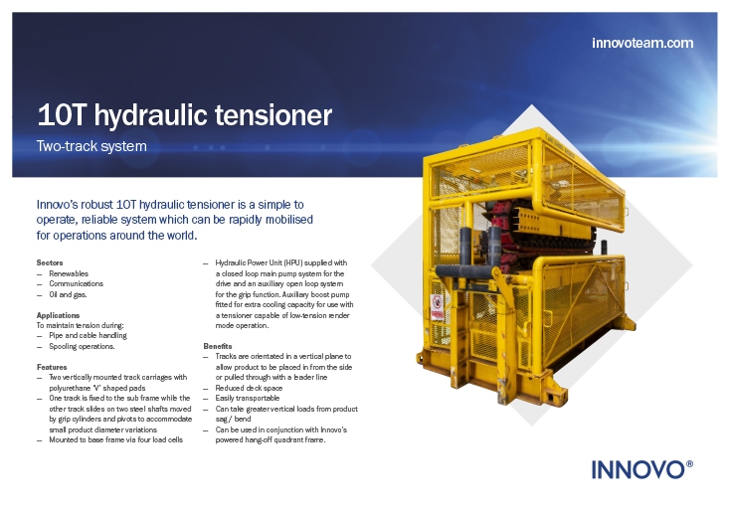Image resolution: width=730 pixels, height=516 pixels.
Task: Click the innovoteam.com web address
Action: coord(642,43)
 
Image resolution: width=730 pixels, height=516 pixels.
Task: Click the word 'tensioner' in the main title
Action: coord(273,115)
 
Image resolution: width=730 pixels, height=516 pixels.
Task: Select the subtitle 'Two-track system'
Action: coord(91,146)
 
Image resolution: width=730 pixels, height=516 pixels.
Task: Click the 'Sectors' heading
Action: coord(50,262)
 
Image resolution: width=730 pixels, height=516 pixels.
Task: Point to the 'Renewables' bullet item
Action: coord(69,273)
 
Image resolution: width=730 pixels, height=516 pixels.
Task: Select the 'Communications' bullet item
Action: coord(76,283)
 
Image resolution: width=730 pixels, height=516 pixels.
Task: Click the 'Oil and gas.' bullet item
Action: coord(68,294)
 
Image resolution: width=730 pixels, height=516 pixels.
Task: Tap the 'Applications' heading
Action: coord(58,315)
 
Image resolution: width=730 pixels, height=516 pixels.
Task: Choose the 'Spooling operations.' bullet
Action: coord(82,347)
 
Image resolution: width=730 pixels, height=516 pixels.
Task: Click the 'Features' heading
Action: coord(52,367)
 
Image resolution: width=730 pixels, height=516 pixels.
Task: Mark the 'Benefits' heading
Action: coord(218,346)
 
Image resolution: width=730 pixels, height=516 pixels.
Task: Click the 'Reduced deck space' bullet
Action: coord(249,388)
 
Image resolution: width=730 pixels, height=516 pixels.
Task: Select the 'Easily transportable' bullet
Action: coord(248,399)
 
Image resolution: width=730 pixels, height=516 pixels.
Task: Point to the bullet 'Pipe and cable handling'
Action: coord(88,335)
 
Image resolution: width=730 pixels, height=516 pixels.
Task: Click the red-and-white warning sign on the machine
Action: coord(437,307)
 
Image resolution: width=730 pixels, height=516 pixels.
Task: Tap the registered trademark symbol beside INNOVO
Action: coord(689,464)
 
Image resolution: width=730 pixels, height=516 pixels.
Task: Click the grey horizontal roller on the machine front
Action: coord(464,271)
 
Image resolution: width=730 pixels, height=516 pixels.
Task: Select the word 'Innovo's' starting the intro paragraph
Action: coord(57,205)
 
